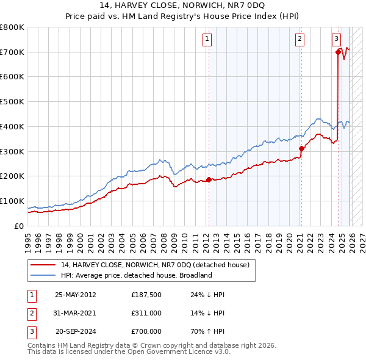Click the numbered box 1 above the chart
click(x=207, y=39)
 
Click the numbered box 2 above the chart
click(x=300, y=39)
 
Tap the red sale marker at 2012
click(x=209, y=179)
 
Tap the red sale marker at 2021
click(x=301, y=148)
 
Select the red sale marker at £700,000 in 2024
click(x=338, y=52)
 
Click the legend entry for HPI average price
click(x=135, y=275)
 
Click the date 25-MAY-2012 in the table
click(x=76, y=295)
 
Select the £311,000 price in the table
click(x=146, y=313)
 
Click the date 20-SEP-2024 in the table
click(x=76, y=331)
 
